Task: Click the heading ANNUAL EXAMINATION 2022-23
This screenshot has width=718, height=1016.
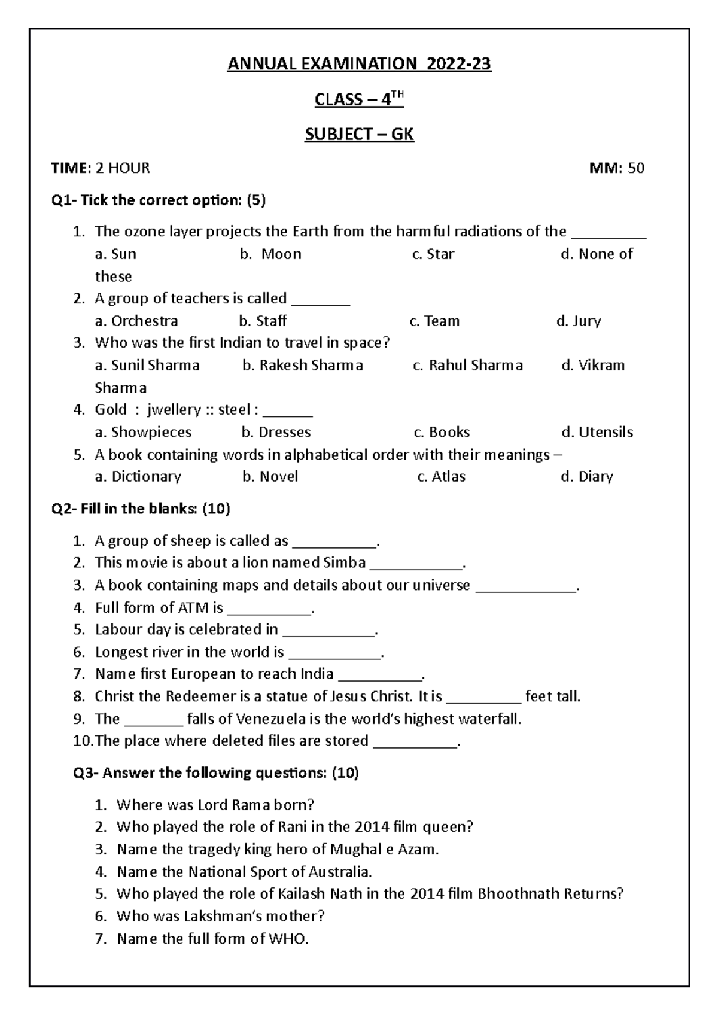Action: tap(359, 64)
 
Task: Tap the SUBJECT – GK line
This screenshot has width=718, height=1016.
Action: tap(359, 134)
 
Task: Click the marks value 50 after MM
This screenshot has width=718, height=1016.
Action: tap(636, 168)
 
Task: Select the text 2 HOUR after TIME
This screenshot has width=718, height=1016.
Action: tap(123, 168)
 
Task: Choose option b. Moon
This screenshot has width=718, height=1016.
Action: tap(270, 254)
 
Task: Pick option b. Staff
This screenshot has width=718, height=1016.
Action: tap(263, 321)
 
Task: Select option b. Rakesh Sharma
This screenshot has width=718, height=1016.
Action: tap(302, 366)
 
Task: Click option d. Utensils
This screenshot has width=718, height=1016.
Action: tap(597, 433)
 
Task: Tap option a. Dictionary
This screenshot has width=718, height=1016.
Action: tap(138, 477)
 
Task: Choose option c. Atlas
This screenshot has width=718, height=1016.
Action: tap(441, 477)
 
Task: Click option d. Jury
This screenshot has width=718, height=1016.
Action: tap(578, 321)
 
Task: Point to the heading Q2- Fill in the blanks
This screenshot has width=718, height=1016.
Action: tap(141, 509)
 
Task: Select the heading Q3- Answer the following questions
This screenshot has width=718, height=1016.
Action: tap(216, 774)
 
